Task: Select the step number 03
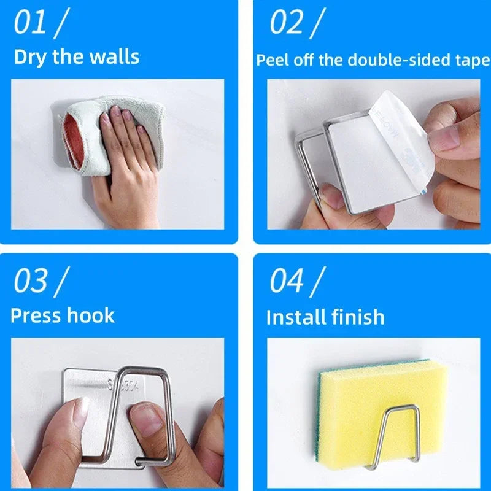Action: [x=31, y=280]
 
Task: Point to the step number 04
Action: [x=287, y=280]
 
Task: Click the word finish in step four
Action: [x=359, y=317]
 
